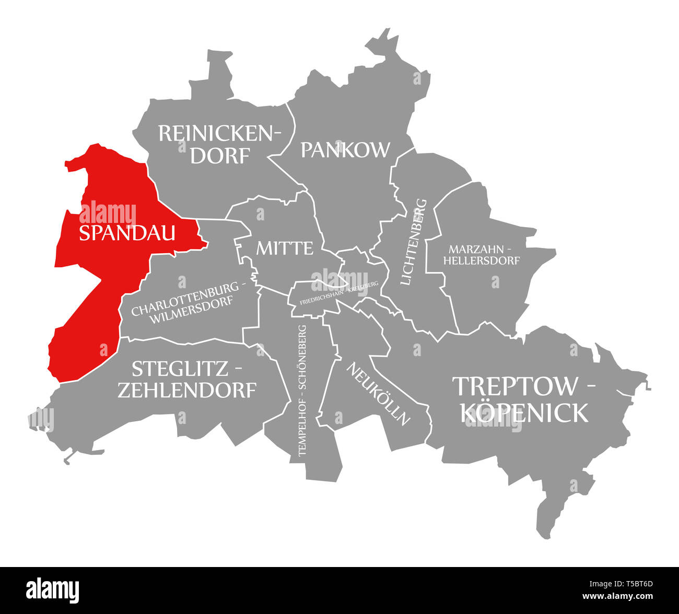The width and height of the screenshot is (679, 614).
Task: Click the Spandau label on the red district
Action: tap(127, 233)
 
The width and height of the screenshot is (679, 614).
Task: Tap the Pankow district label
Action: tap(345, 150)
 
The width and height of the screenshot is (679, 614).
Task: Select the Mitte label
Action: tap(285, 248)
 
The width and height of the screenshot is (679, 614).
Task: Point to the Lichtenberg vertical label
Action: tap(413, 242)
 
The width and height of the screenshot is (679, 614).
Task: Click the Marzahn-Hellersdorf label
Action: tap(482, 254)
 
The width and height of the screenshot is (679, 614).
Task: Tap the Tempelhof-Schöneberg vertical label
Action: tap(302, 391)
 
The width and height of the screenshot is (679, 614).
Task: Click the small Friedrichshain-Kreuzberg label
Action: tap(339, 296)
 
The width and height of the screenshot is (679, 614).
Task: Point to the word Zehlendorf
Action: tap(186, 390)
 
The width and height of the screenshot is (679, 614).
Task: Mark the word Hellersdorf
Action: tap(482, 260)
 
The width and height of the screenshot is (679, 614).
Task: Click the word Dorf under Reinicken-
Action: tap(220, 156)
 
